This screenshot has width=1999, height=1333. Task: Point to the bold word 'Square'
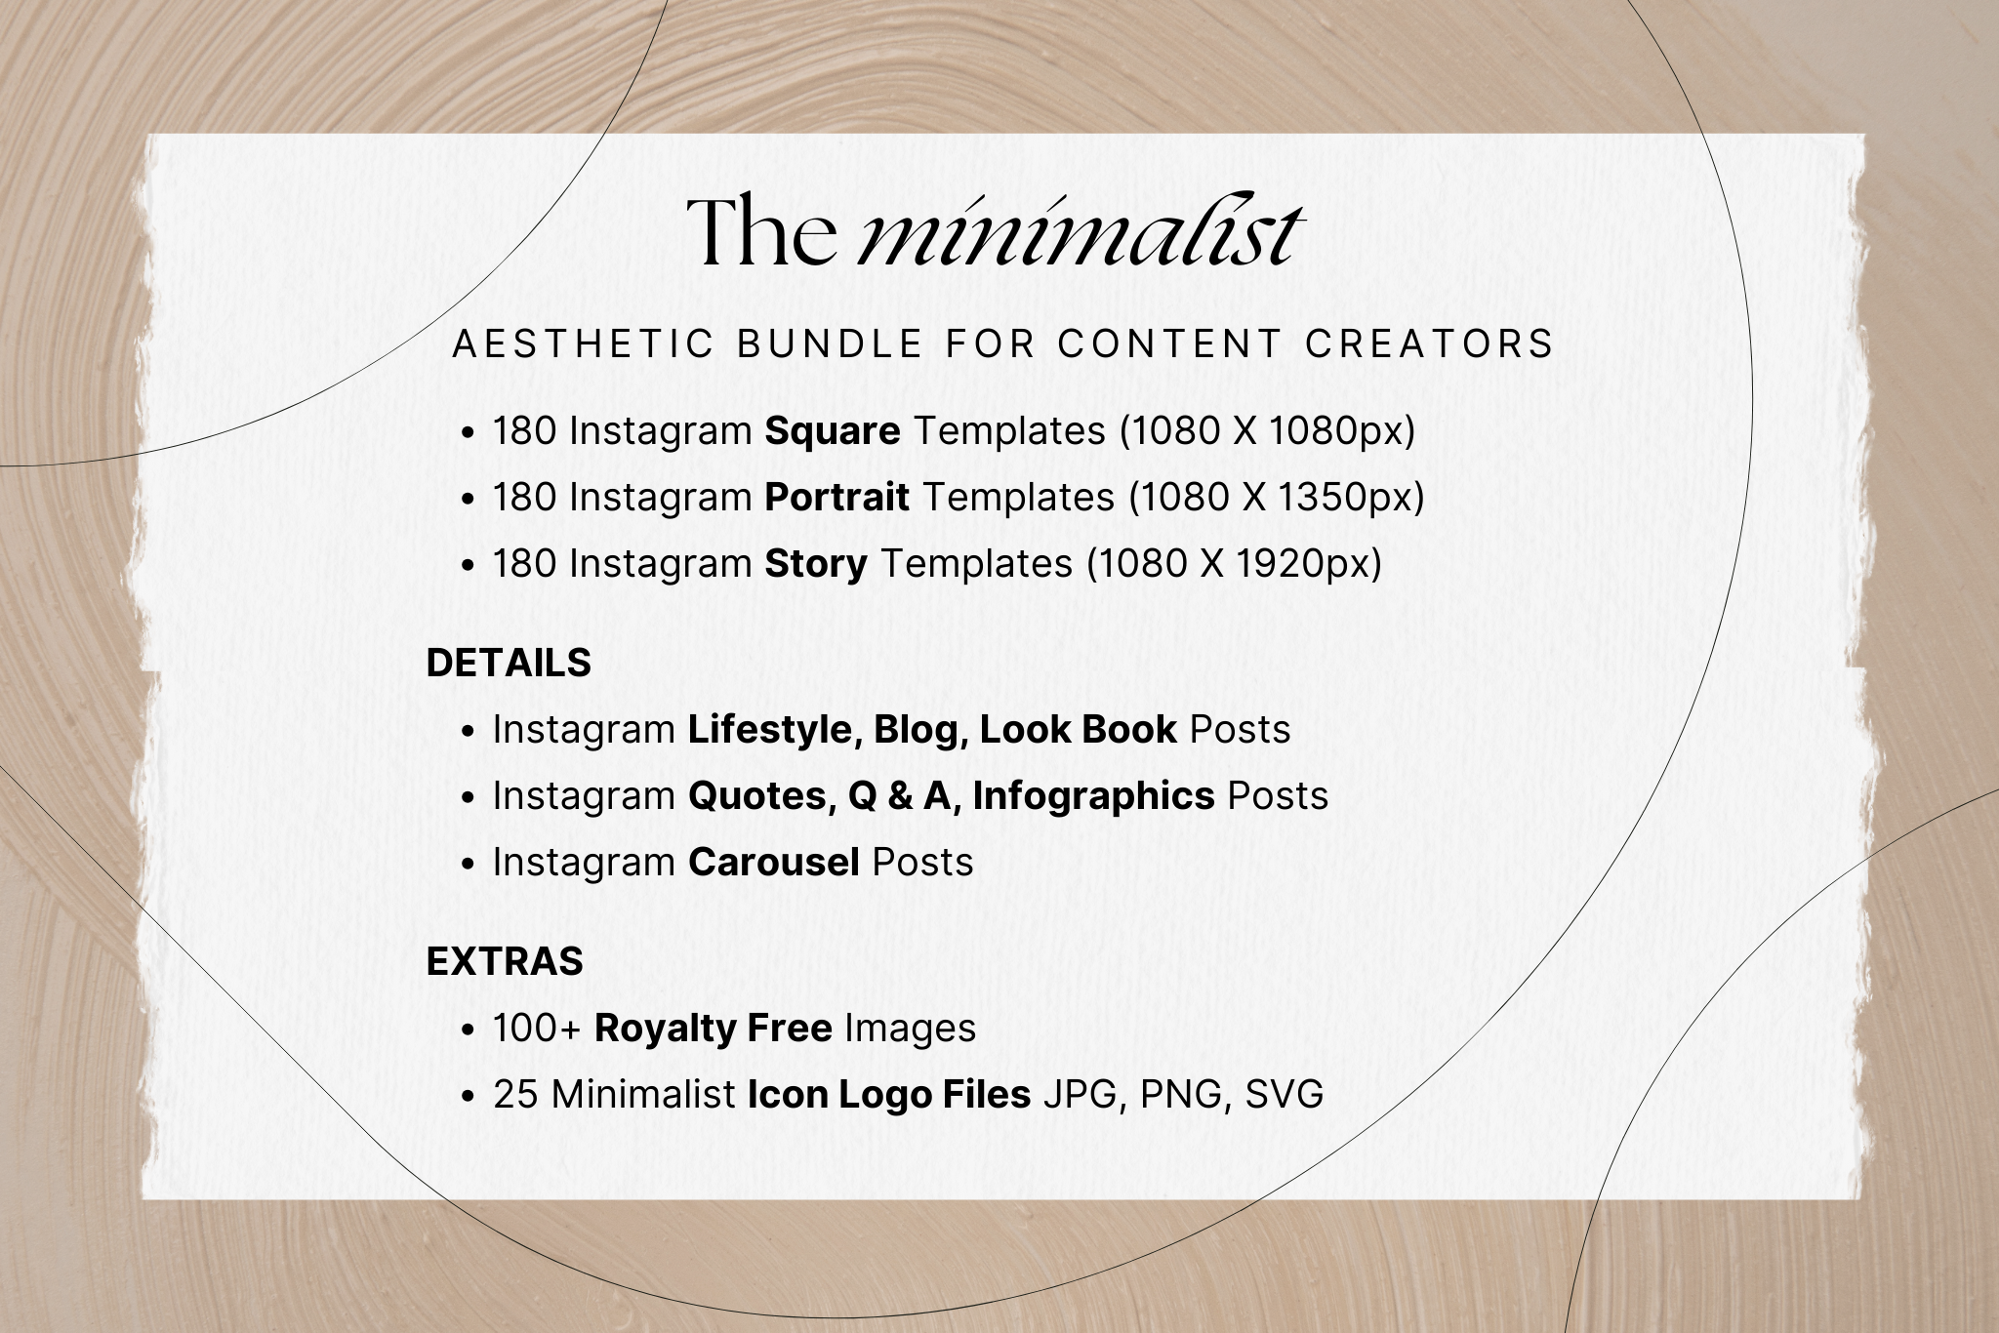(x=833, y=431)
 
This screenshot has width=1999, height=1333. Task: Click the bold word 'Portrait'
(x=836, y=498)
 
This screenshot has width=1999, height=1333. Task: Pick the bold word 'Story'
(x=816, y=564)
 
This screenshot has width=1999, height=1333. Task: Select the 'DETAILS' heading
(x=509, y=664)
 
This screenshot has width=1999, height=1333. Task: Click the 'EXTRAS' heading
(x=505, y=962)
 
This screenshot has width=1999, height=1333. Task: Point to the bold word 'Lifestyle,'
(x=774, y=730)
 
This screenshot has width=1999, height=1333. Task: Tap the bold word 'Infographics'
(x=1093, y=796)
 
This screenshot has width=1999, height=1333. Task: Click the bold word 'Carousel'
(x=774, y=863)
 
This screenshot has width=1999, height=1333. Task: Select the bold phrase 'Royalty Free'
(x=713, y=1029)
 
